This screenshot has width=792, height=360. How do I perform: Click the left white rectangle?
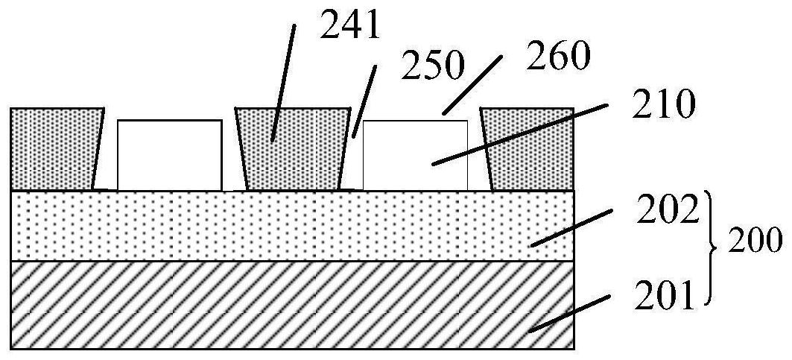pyautogui.click(x=169, y=154)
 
